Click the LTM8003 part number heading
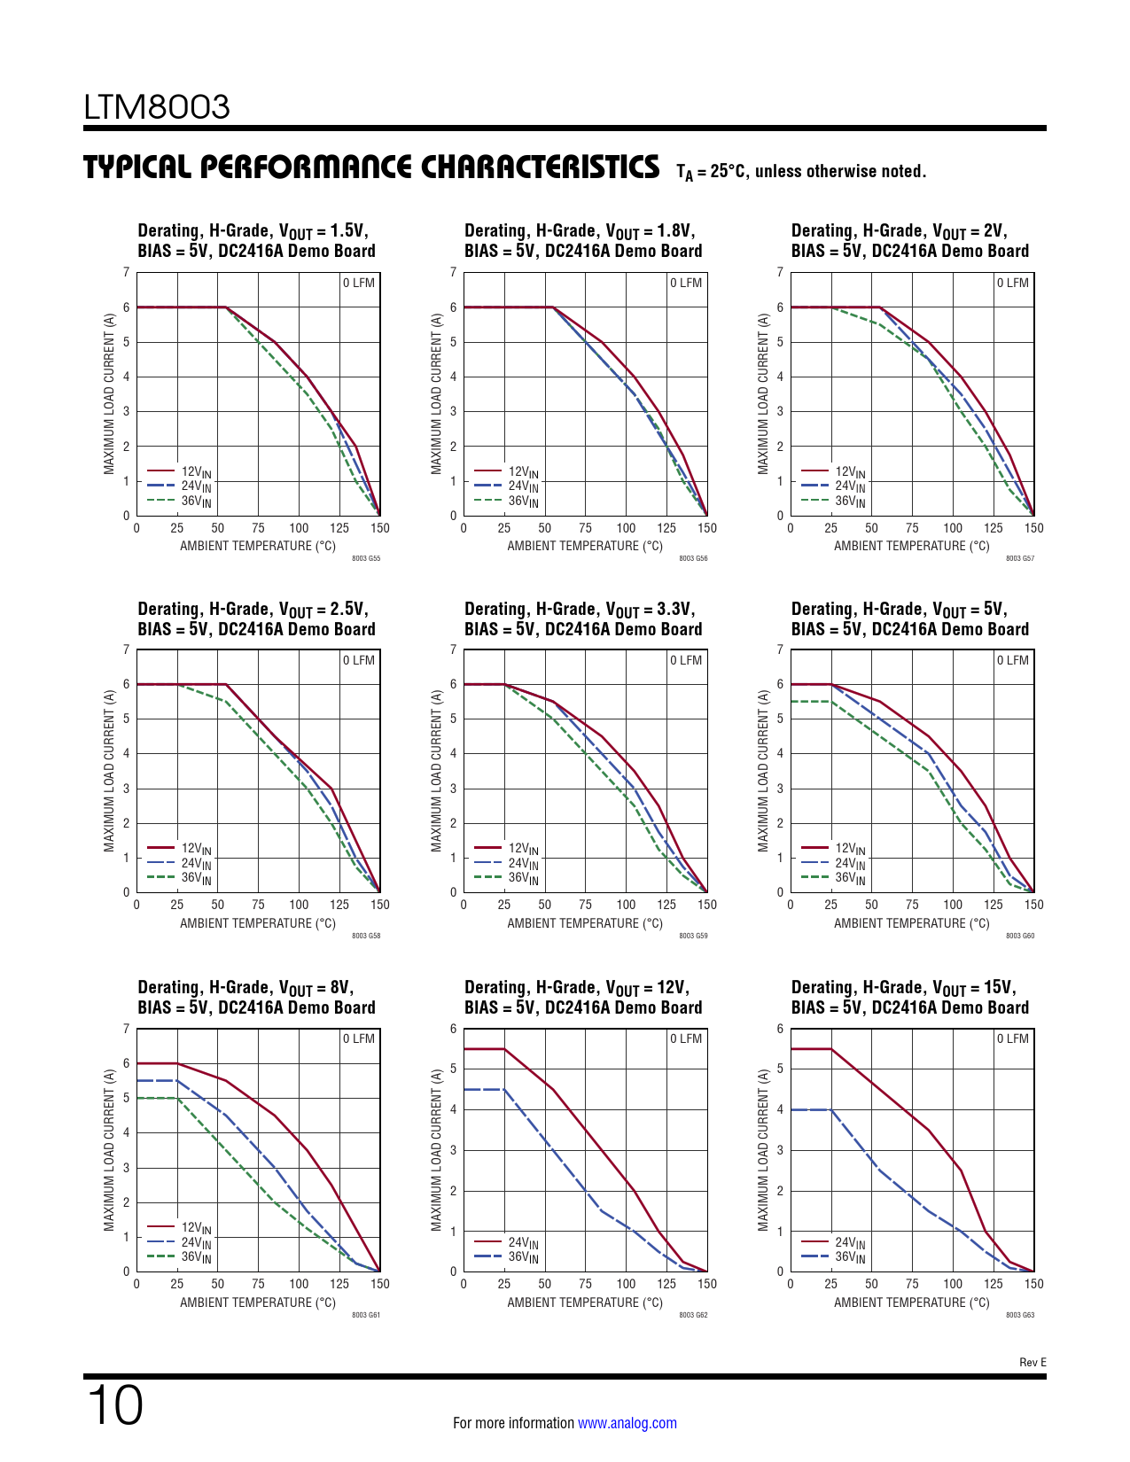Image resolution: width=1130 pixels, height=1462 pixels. click(x=157, y=107)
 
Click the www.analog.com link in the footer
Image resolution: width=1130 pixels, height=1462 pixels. click(x=627, y=1423)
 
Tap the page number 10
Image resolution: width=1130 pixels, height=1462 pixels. click(x=114, y=1405)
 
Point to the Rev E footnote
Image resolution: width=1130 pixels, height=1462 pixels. click(x=1033, y=1362)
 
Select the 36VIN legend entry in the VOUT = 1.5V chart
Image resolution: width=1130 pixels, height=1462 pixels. click(x=196, y=502)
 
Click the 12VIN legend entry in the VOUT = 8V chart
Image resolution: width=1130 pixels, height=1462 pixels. click(x=196, y=1228)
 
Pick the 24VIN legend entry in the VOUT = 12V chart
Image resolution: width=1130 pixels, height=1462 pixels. click(x=523, y=1243)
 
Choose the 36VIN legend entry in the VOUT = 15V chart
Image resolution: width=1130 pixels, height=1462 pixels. click(x=850, y=1257)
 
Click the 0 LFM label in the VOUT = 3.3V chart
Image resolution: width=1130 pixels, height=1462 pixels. click(x=685, y=660)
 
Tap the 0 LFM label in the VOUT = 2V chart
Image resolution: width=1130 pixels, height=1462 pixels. click(x=1012, y=283)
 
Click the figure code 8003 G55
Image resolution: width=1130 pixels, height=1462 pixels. click(x=366, y=559)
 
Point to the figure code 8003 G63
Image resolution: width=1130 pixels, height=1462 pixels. click(x=1020, y=1315)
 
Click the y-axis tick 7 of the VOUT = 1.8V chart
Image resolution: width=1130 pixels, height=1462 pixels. click(x=454, y=272)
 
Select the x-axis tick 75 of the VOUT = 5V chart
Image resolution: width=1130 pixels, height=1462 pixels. click(x=912, y=905)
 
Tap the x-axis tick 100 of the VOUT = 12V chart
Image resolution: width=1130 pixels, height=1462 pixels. click(x=626, y=1284)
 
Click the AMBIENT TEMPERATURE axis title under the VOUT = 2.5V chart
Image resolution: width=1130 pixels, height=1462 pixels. click(x=258, y=923)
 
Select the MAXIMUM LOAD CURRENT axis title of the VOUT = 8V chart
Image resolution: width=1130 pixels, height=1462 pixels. click(x=110, y=1149)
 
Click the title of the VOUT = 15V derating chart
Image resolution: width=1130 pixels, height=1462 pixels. click(x=909, y=998)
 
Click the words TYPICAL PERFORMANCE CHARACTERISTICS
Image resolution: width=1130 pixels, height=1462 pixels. click(x=371, y=167)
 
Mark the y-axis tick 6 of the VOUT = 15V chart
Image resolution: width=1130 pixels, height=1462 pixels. click(x=780, y=1029)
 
